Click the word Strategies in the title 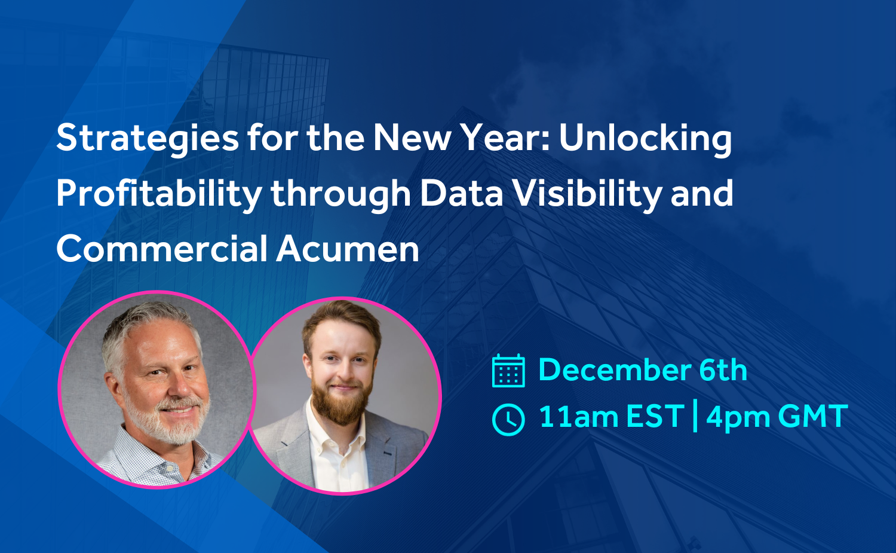point(148,139)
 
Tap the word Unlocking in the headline point(646,139)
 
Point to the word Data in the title point(461,194)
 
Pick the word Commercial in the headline point(162,249)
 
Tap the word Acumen point(348,249)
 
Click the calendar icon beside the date point(508,371)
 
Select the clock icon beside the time point(508,419)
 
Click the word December point(615,370)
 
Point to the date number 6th point(723,370)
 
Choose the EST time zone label point(655,417)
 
